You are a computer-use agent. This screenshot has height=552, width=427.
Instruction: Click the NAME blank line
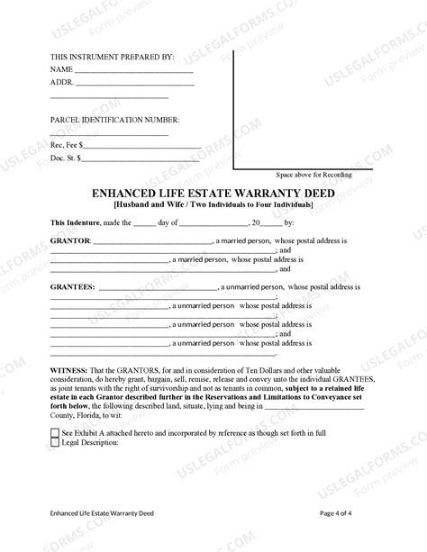tap(133, 70)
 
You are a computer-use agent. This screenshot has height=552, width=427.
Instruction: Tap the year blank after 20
tap(271, 222)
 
